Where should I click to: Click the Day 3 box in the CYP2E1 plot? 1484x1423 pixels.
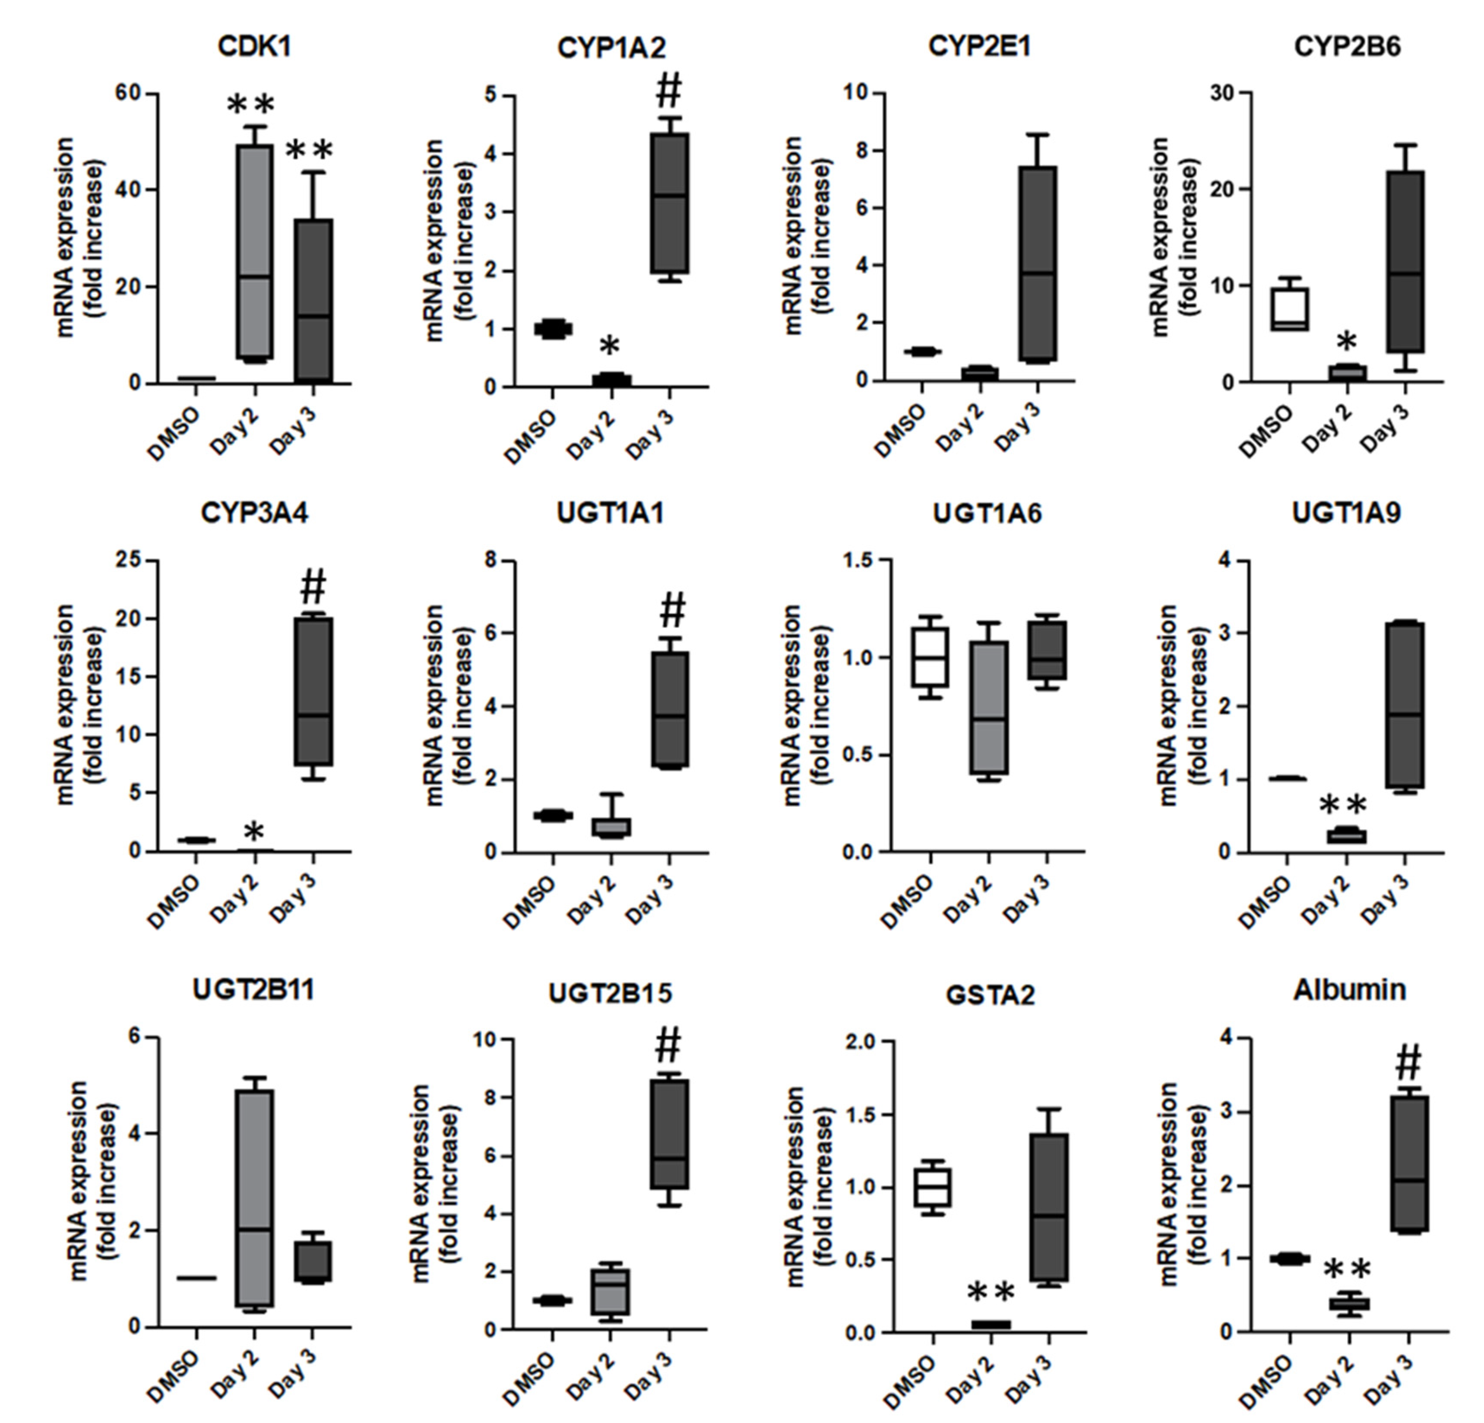(1037, 263)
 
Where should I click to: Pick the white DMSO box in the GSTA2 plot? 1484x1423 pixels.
(933, 1188)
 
